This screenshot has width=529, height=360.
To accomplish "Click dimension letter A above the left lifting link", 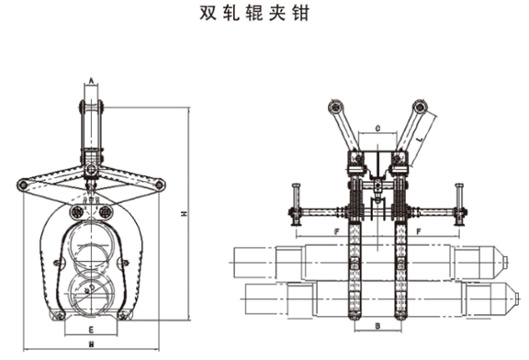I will click(91, 82).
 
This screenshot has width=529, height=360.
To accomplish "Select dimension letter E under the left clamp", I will click(92, 328).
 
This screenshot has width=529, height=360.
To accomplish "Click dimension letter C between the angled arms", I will click(378, 129).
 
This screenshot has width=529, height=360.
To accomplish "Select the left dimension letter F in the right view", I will click(337, 231).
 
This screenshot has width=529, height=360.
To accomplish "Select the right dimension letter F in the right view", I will click(420, 231).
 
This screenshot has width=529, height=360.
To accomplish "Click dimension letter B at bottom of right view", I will click(378, 326).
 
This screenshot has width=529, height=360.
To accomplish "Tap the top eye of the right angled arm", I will click(421, 105).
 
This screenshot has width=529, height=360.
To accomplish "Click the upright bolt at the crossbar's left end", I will click(296, 203).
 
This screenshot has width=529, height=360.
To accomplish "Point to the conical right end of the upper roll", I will click(507, 260).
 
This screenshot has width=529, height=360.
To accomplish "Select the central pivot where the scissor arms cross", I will click(91, 172).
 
